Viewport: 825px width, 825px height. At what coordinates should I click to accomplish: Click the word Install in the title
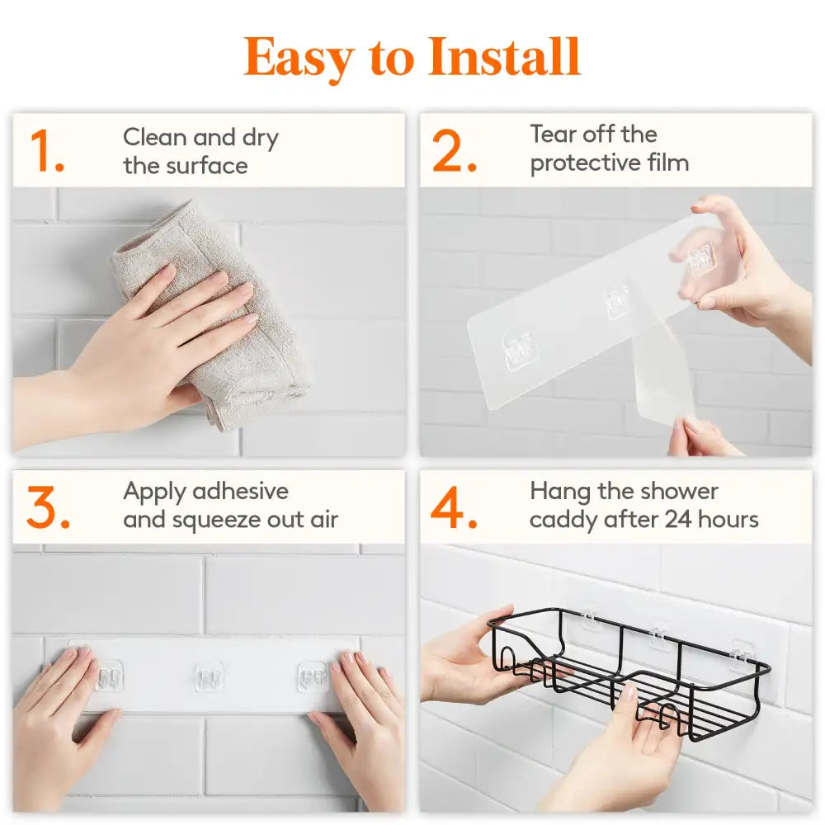pos(504,57)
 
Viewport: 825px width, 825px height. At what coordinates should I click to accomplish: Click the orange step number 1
pos(46,152)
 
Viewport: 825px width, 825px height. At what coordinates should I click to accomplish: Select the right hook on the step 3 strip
pos(313,676)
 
